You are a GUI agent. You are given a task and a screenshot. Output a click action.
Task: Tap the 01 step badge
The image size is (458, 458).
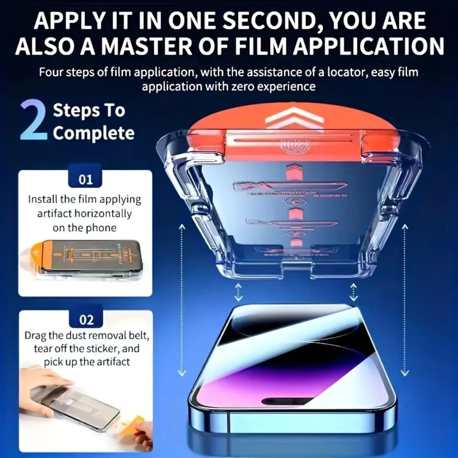(86, 179)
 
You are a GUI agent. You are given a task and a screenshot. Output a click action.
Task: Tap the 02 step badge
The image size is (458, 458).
(86, 319)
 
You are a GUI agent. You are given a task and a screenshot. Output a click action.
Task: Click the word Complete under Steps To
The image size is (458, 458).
(94, 133)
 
